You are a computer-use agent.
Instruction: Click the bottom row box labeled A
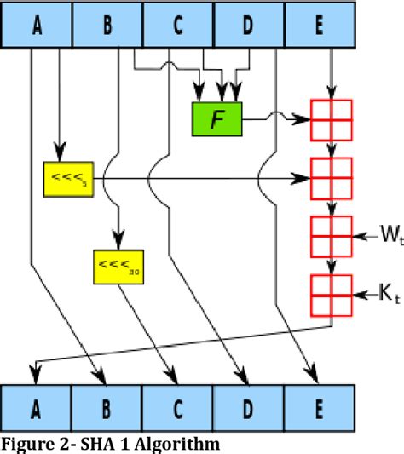pyautogui.click(x=37, y=409)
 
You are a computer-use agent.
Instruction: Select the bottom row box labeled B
pyautogui.click(x=107, y=409)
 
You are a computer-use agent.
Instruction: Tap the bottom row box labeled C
pyautogui.click(x=177, y=409)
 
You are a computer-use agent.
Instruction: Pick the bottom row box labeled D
pyautogui.click(x=247, y=409)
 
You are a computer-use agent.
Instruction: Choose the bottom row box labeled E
pyautogui.click(x=318, y=409)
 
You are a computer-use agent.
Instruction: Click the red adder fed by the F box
pyautogui.click(x=332, y=119)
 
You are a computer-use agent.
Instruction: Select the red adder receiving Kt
pyautogui.click(x=332, y=295)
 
